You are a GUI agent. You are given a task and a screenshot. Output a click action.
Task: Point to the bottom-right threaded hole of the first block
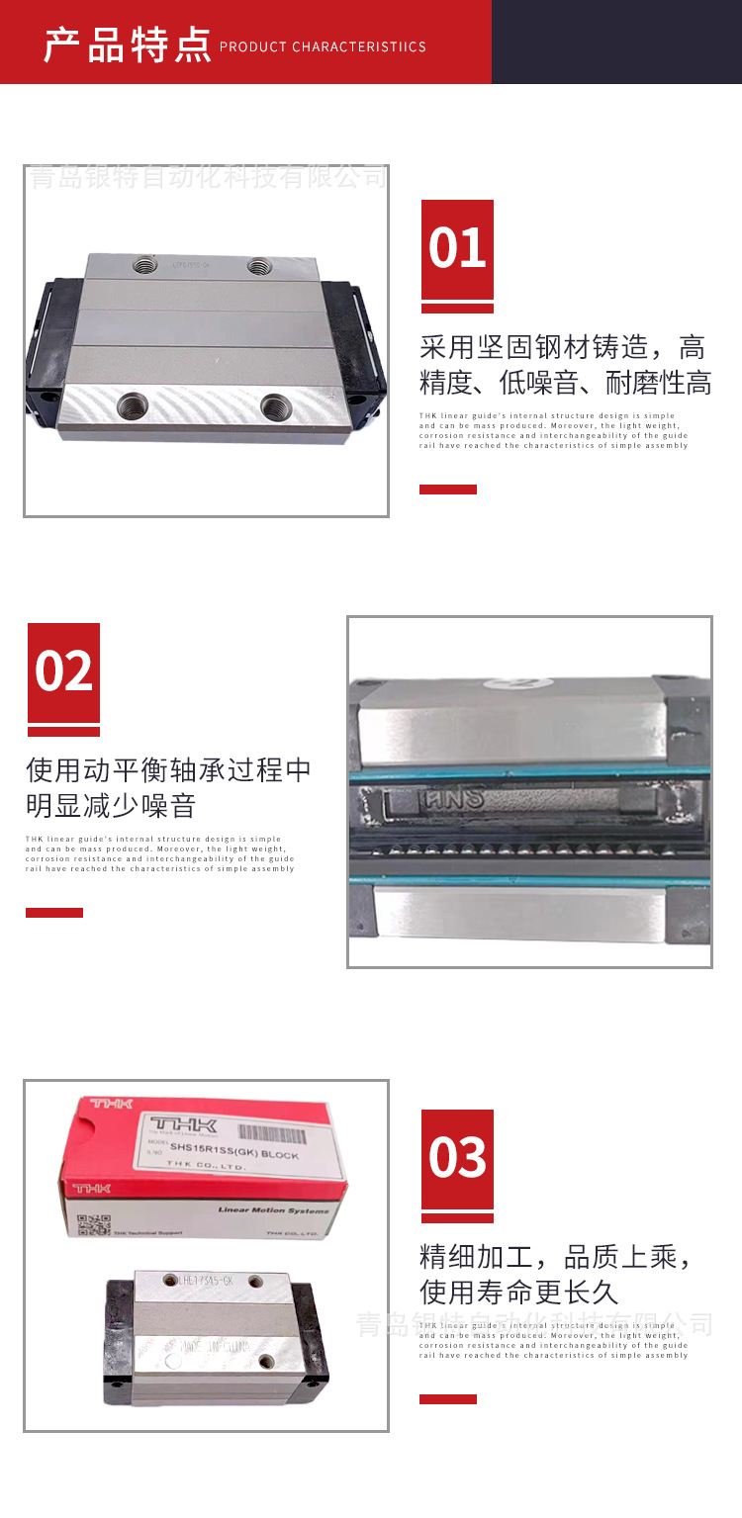[275, 404]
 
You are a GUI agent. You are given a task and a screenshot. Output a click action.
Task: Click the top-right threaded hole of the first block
[260, 264]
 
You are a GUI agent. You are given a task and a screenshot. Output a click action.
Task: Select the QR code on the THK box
[93, 1224]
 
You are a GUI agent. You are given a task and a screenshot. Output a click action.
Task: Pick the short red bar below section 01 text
[447, 489]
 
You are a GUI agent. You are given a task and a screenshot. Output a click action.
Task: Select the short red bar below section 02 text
[54, 912]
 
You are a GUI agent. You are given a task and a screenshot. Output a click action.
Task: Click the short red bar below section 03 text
[447, 1398]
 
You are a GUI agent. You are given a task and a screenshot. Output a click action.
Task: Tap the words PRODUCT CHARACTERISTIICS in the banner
[323, 46]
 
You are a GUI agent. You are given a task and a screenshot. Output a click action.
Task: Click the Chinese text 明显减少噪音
[111, 806]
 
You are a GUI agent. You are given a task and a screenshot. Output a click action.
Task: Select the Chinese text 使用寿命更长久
[518, 1292]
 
